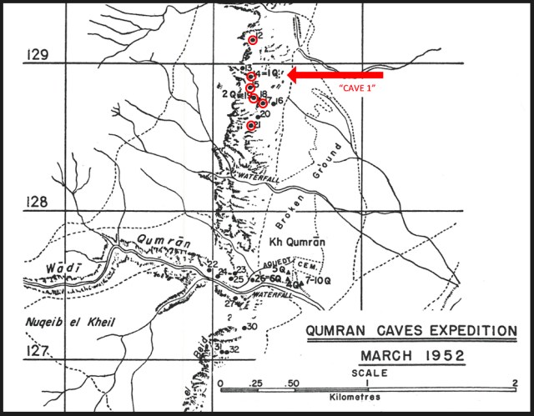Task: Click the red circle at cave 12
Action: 253,39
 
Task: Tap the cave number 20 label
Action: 265,113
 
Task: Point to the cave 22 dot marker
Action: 208,270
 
